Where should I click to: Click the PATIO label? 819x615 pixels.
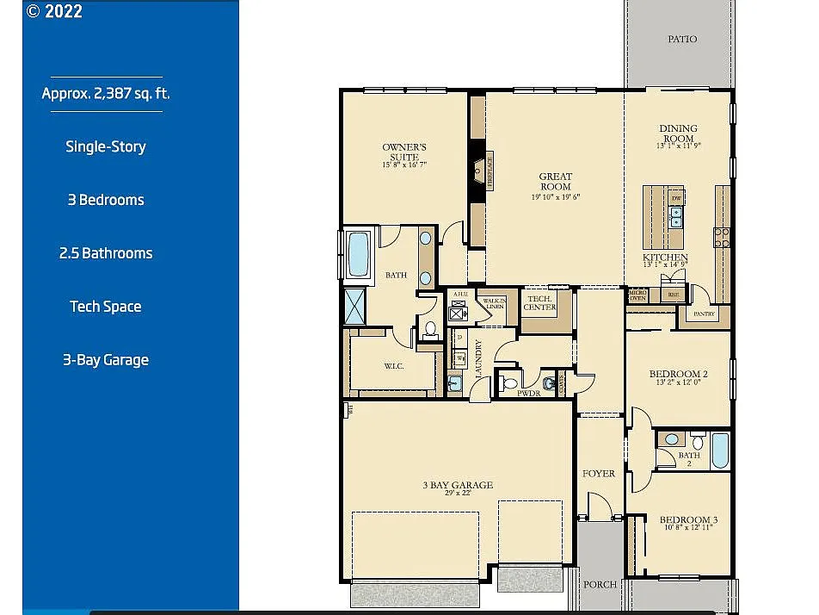pos(682,40)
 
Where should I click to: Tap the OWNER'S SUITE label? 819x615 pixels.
pos(404,152)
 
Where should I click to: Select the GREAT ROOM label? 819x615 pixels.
pos(555,182)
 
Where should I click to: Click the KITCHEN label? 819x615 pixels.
pos(665,258)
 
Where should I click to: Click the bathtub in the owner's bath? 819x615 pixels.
pos(357,254)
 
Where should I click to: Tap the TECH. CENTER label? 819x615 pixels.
pos(540,302)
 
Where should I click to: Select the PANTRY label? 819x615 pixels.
pos(705,314)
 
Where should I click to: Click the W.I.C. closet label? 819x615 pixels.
pos(395,366)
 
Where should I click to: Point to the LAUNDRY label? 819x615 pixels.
pos(478,360)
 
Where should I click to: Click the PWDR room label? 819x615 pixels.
pos(528,393)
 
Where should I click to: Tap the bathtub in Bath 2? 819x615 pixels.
pos(719,449)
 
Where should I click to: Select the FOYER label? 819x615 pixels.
pos(599,474)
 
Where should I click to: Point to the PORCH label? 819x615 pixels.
pos(600,584)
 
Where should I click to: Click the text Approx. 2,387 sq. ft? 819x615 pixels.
pos(106,94)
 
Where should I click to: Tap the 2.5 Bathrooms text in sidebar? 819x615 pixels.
pos(106,253)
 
